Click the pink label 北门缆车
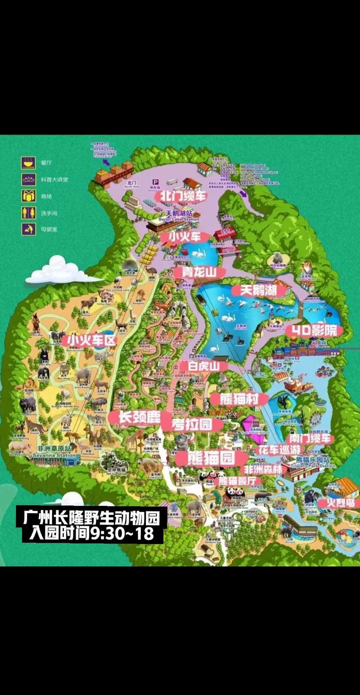[x=180, y=196]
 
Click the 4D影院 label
[x=315, y=331]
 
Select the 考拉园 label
[x=192, y=424]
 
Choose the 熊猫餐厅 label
[x=240, y=481]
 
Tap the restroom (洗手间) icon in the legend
[x=28, y=212]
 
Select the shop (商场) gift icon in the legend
[x=28, y=196]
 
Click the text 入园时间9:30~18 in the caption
[x=90, y=534]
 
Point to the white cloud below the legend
[x=58, y=271]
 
